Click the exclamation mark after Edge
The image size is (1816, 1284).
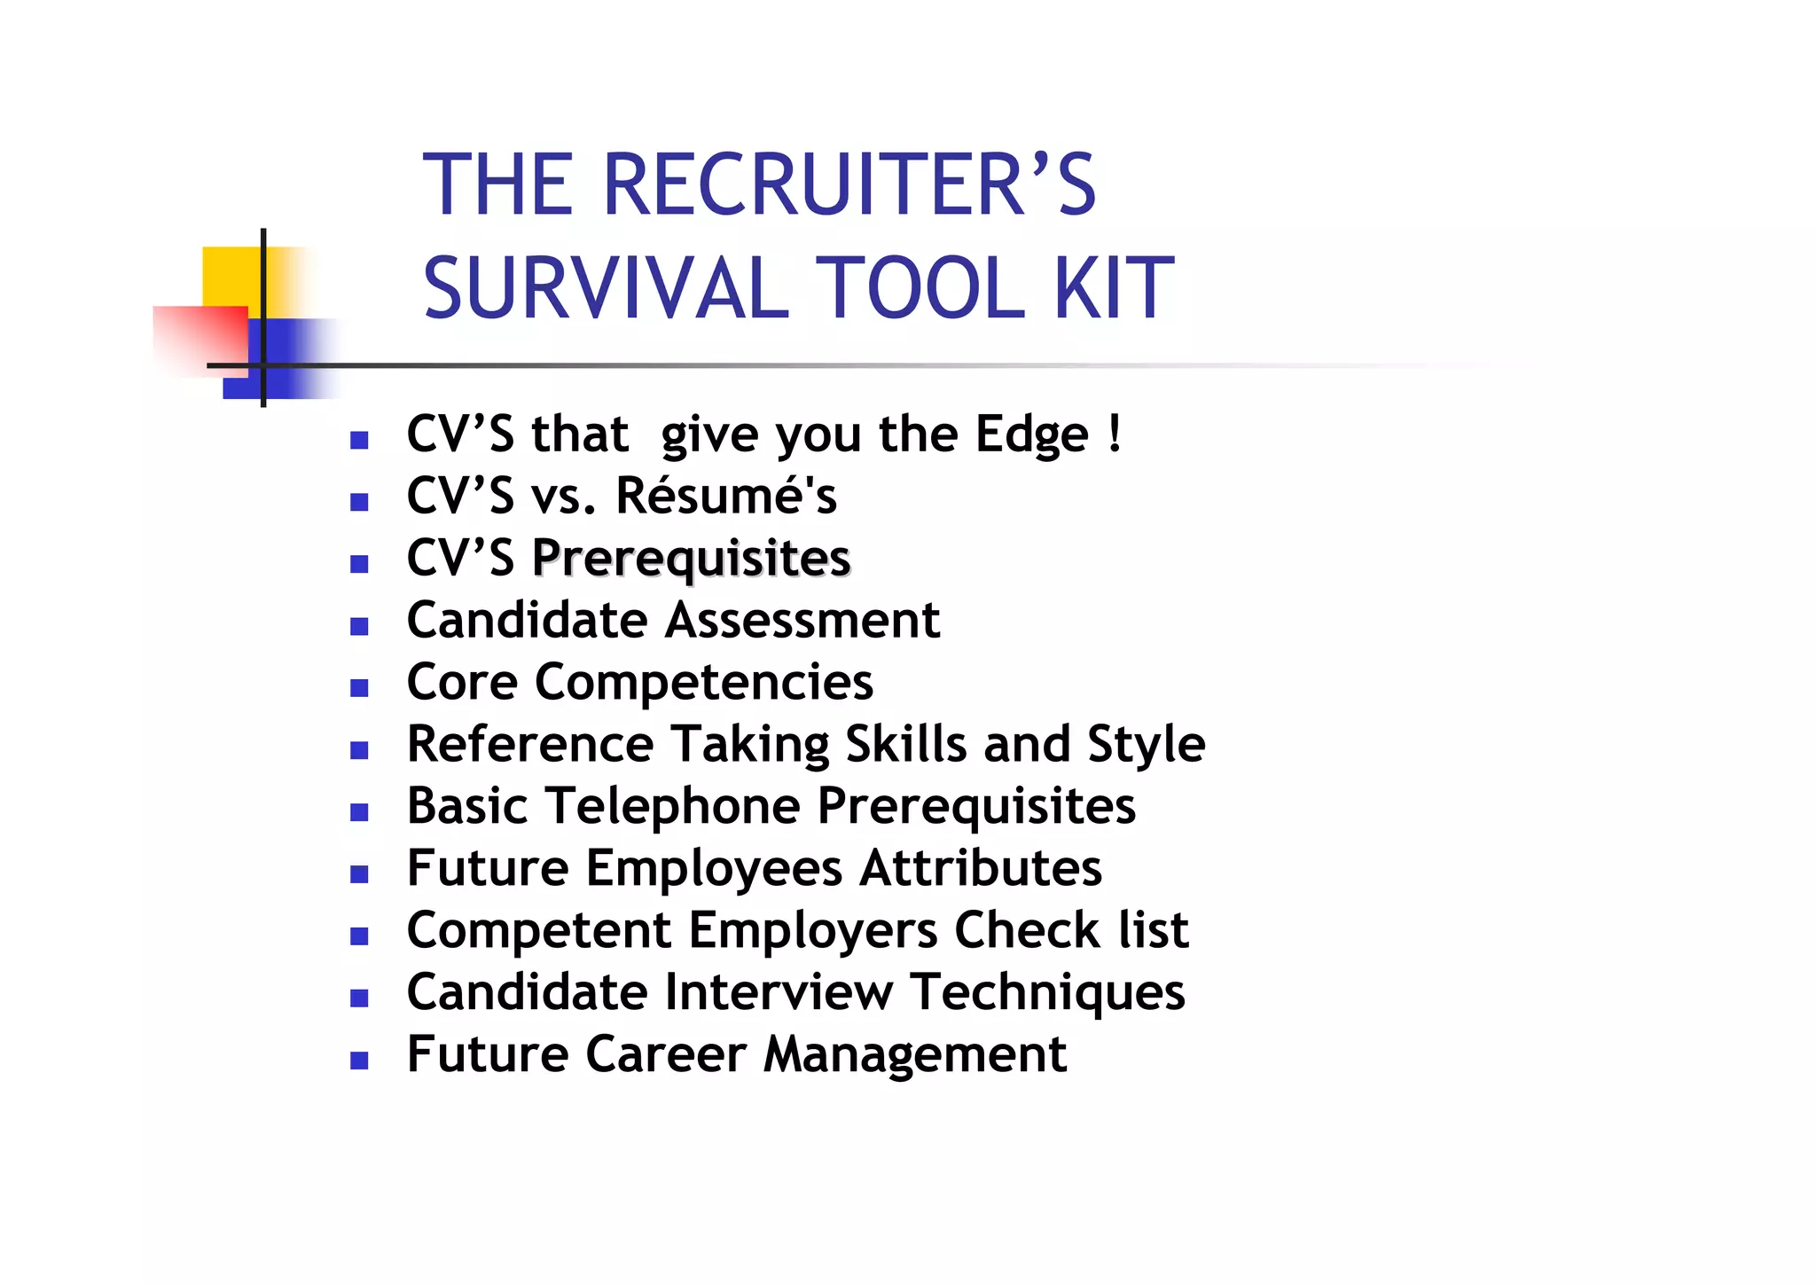(x=1115, y=434)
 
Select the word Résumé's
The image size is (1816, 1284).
(x=726, y=496)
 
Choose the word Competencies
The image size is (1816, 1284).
(x=704, y=682)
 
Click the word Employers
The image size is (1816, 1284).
(x=813, y=930)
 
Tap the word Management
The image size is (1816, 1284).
(x=914, y=1054)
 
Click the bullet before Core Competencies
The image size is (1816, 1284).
(x=359, y=688)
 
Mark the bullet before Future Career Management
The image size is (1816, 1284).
(x=359, y=1061)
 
